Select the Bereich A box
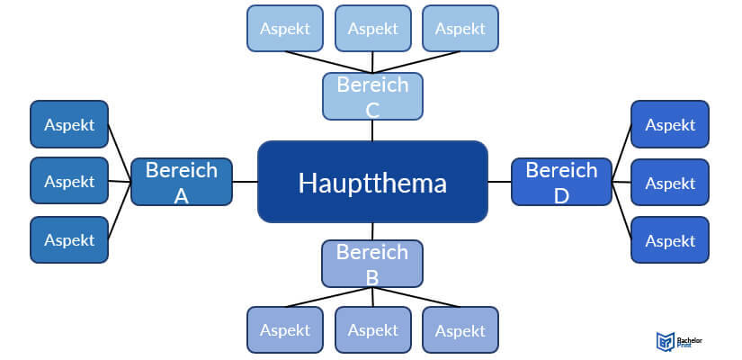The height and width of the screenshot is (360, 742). point(181,181)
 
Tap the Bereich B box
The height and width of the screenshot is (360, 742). point(372,263)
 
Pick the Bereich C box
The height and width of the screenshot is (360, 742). point(372,96)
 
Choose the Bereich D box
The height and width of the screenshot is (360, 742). point(561,181)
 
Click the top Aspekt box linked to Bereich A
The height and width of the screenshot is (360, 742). point(69,124)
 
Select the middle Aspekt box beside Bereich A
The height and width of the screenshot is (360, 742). point(69,181)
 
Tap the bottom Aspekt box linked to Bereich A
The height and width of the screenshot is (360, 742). point(69,239)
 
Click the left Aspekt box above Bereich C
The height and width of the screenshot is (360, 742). point(285,28)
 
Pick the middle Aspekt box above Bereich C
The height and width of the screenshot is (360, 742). point(372,28)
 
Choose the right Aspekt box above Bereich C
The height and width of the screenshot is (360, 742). point(460,28)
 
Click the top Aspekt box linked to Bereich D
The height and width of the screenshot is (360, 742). point(670,124)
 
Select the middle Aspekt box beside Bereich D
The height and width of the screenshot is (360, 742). point(670,183)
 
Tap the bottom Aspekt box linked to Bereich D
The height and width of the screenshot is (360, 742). point(670,239)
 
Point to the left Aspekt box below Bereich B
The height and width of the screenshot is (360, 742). point(285,329)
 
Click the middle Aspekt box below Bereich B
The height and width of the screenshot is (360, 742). point(372,329)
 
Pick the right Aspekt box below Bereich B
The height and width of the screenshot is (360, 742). point(460,329)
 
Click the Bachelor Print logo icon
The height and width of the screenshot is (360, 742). point(665,340)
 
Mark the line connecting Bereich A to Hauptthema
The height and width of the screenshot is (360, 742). point(245,181)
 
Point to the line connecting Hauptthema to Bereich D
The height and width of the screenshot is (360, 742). point(499,181)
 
